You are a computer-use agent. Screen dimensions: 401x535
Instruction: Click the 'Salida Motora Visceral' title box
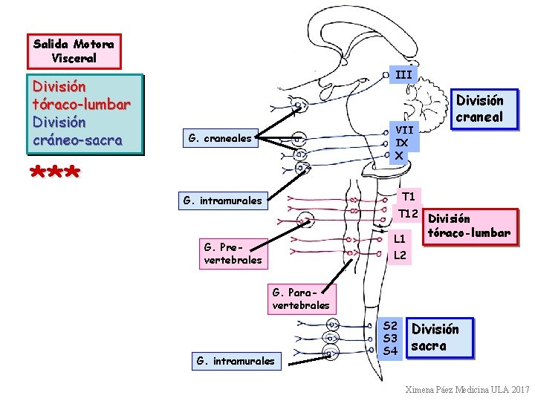(73, 51)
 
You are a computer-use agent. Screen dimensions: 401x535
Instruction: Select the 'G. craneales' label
(220, 137)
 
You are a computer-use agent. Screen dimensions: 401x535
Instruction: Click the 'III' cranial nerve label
(403, 74)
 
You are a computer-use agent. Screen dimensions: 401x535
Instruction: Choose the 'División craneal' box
(479, 108)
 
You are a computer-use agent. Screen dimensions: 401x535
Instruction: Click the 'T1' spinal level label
(409, 197)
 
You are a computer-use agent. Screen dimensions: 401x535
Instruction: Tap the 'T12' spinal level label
(408, 214)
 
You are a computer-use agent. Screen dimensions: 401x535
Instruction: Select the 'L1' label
(400, 239)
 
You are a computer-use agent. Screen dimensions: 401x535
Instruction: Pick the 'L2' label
(400, 255)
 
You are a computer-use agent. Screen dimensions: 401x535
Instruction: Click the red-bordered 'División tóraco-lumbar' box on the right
(469, 226)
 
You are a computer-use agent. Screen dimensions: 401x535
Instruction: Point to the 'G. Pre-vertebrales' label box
(233, 253)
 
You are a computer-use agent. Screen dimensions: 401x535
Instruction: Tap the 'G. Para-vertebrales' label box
(301, 299)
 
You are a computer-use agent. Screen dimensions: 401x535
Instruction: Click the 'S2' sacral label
(391, 325)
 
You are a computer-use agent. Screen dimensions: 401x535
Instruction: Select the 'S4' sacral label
(391, 351)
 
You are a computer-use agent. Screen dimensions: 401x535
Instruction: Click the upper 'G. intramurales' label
(222, 200)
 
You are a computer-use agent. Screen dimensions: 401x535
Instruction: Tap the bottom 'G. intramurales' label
(235, 362)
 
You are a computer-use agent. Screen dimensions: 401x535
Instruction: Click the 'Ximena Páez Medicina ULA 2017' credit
(467, 389)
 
